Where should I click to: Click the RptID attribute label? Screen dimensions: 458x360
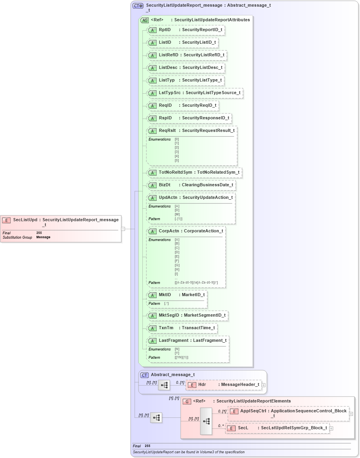pyautogui.click(x=164, y=30)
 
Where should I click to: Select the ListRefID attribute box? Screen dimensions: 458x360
pyautogui.click(x=186, y=55)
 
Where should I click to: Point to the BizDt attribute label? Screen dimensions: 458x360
pyautogui.click(x=164, y=185)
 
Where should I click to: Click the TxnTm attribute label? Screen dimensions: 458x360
pyautogui.click(x=166, y=328)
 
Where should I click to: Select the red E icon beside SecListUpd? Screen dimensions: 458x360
pyautogui.click(x=6, y=220)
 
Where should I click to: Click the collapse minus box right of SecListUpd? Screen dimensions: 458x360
pyautogui.click(x=123, y=228)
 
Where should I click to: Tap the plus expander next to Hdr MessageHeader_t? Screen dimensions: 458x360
pyautogui.click(x=264, y=385)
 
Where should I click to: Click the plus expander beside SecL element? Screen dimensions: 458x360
pyautogui.click(x=331, y=428)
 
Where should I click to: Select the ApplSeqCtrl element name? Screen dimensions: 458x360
pyautogui.click(x=253, y=411)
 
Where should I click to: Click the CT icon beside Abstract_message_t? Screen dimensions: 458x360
pyautogui.click(x=144, y=375)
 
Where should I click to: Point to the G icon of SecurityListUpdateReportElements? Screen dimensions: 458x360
pyautogui.click(x=187, y=401)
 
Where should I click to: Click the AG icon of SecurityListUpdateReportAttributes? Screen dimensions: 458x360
pyautogui.click(x=144, y=20)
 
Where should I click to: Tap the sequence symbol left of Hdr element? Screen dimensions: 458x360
pyautogui.click(x=164, y=385)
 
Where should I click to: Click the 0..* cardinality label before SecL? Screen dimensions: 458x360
pyautogui.click(x=221, y=426)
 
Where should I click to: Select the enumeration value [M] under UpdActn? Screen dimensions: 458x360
pyautogui.click(x=177, y=215)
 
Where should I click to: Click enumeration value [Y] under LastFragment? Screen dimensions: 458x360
pyautogui.click(x=177, y=353)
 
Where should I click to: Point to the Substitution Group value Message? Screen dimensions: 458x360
pyautogui.click(x=43, y=237)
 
